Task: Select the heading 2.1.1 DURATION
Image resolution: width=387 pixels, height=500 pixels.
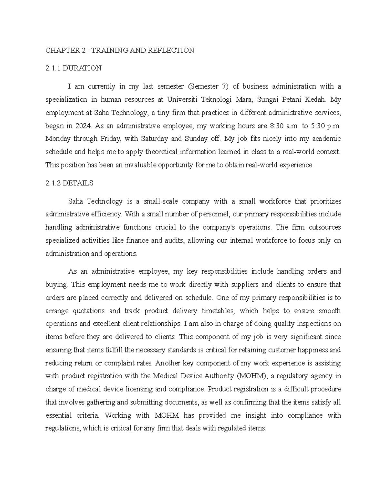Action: coord(74,68)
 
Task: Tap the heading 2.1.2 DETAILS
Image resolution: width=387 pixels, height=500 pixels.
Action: coord(69,183)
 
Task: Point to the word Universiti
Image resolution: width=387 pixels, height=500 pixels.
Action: coord(182,99)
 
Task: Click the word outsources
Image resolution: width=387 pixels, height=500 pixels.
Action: coord(325,227)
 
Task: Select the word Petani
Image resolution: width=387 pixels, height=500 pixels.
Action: coord(292,99)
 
